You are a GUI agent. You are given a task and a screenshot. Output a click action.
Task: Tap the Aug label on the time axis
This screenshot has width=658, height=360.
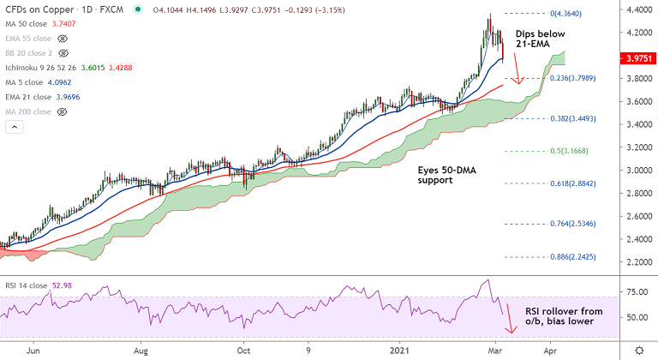(142, 351)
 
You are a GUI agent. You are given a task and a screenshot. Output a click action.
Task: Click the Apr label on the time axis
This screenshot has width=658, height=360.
(550, 351)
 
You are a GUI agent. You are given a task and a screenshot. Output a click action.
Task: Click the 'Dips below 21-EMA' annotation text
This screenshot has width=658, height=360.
(541, 39)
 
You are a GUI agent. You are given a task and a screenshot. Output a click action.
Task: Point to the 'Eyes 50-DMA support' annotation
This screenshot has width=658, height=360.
(446, 176)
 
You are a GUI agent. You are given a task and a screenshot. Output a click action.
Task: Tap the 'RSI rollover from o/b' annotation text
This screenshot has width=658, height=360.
(567, 314)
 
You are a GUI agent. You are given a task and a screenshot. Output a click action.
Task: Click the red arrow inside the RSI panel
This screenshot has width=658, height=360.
(510, 318)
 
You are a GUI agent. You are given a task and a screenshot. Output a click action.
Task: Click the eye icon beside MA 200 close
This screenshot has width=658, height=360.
(62, 111)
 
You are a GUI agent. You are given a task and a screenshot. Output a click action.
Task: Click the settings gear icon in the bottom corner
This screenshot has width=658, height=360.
(639, 351)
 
